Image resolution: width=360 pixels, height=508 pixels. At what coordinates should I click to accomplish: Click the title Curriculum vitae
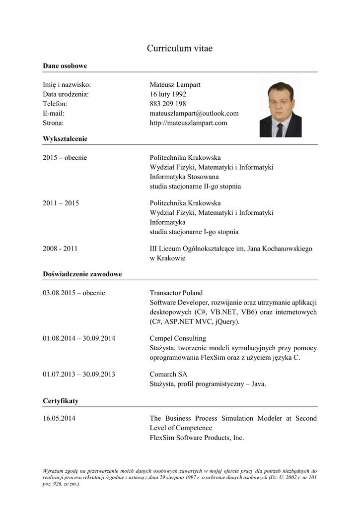click(180, 48)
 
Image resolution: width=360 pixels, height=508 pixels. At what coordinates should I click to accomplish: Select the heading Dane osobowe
click(65, 65)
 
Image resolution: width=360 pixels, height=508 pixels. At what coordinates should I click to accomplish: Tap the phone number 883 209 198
click(168, 104)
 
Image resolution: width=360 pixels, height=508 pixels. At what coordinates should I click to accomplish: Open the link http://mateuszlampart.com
click(188, 123)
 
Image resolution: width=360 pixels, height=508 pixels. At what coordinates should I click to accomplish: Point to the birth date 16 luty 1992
click(168, 94)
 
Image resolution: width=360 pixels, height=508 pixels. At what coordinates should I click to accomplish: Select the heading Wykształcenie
click(65, 139)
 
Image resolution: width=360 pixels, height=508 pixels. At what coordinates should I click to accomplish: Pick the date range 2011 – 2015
click(61, 203)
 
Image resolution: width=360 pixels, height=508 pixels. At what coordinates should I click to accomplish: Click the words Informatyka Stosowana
click(184, 177)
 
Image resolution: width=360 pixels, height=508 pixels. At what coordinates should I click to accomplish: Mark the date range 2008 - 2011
click(60, 249)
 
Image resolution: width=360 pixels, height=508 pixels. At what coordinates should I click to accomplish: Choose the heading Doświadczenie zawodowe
click(82, 274)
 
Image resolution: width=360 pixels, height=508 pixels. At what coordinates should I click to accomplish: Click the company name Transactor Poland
click(176, 293)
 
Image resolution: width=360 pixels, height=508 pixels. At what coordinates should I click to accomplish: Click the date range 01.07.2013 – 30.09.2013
click(79, 374)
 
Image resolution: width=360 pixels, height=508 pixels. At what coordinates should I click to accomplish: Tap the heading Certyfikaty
click(61, 400)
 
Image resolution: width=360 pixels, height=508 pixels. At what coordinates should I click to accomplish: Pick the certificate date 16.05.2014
click(59, 418)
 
